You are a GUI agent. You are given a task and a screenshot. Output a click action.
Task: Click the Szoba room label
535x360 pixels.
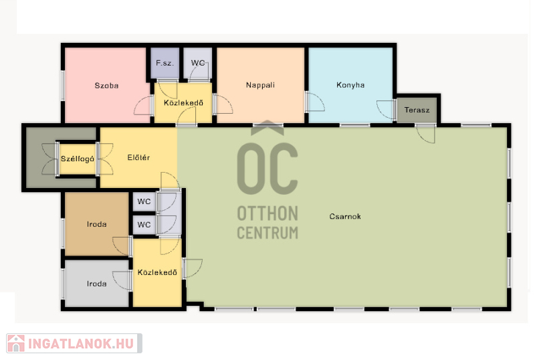pyautogui.click(x=106, y=86)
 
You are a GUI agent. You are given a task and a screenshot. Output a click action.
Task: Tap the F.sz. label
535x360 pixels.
pyautogui.click(x=165, y=63)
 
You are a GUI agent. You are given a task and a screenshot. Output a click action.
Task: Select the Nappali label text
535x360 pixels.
pyautogui.click(x=260, y=85)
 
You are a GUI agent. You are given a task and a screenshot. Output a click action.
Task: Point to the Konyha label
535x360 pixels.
pyautogui.click(x=350, y=85)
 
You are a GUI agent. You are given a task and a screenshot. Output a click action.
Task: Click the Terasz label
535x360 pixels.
pyautogui.click(x=417, y=110)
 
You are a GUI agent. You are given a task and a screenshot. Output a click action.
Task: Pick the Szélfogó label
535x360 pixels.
pyautogui.click(x=78, y=159)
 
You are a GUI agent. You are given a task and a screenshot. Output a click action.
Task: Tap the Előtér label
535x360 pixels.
pyautogui.click(x=138, y=157)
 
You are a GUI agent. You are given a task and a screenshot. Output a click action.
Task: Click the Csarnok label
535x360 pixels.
pyautogui.click(x=345, y=216)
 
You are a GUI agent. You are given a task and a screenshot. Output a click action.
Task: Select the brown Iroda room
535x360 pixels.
pyautogui.click(x=96, y=224)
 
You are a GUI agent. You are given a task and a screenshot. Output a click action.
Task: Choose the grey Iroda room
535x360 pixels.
pyautogui.click(x=96, y=284)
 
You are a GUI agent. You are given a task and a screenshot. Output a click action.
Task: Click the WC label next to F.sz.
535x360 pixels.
pyautogui.click(x=198, y=63)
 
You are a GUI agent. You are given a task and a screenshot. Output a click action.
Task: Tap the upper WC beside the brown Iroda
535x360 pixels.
pyautogui.click(x=144, y=201)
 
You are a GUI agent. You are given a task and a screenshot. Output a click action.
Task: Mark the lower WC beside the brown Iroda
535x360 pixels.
pyautogui.click(x=144, y=225)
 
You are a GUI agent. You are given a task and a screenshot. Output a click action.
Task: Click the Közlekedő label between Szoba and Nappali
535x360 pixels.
pyautogui.click(x=183, y=103)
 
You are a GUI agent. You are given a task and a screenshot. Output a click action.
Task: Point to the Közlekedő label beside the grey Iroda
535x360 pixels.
pyautogui.click(x=157, y=272)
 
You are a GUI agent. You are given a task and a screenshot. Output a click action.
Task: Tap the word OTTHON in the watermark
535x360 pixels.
pyautogui.click(x=267, y=213)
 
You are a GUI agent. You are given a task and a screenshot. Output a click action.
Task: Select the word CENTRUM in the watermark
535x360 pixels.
pyautogui.click(x=267, y=233)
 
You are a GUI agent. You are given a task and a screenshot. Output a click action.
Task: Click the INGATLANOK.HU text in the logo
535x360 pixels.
pyautogui.click(x=81, y=343)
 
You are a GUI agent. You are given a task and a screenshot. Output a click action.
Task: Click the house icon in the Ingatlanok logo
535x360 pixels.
pyautogui.click(x=16, y=343)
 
